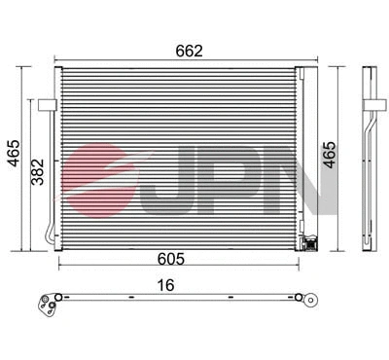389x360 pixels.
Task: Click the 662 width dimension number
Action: click(x=189, y=50)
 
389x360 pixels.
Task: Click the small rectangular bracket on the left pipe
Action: click(x=47, y=103)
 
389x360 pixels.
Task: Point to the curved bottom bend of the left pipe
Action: click(x=50, y=236)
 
